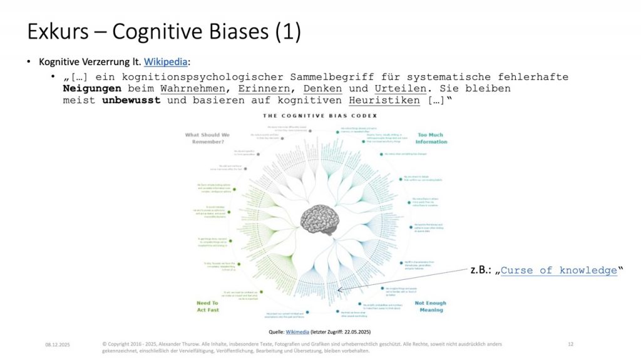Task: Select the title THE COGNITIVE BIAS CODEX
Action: tap(320, 116)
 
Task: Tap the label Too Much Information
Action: tap(432, 138)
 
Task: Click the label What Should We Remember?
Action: tap(207, 138)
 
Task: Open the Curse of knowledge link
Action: tap(559, 270)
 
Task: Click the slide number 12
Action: tap(570, 344)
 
